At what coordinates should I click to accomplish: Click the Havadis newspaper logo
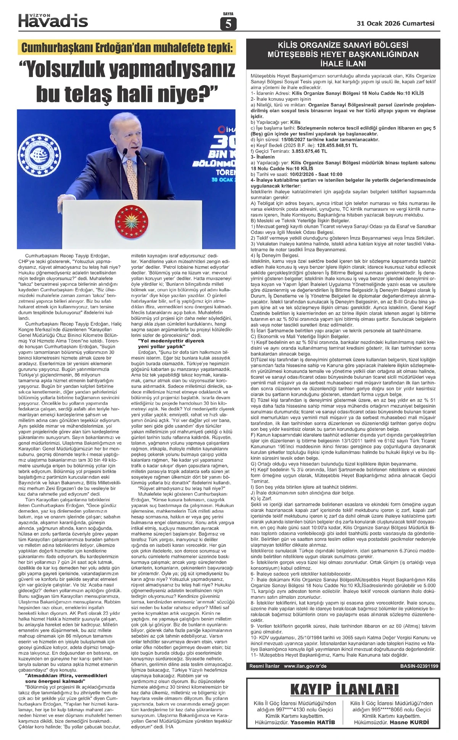click(x=53, y=20)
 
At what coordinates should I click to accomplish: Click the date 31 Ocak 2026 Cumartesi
click(x=395, y=23)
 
